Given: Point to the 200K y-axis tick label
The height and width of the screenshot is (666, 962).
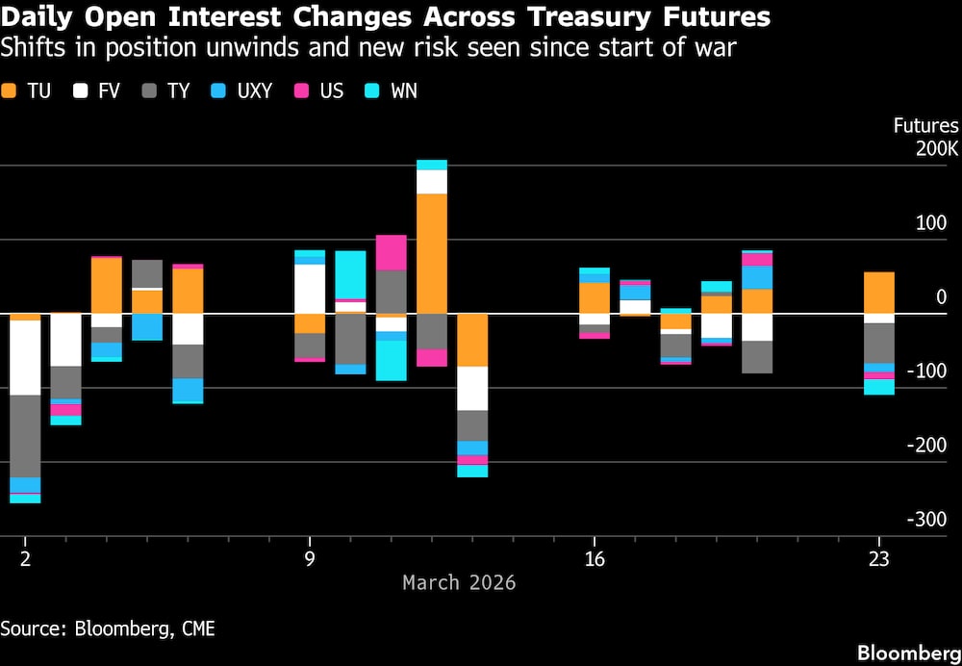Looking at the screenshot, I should tap(937, 149).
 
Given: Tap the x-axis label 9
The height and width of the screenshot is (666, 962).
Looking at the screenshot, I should tap(310, 559).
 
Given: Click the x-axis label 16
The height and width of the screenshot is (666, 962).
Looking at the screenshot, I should tap(595, 559).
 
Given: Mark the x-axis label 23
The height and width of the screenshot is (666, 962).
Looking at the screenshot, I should tap(878, 559).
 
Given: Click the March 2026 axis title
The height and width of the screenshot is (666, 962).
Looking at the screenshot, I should tap(459, 582).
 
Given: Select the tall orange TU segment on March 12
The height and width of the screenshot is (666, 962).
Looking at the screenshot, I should tap(432, 253).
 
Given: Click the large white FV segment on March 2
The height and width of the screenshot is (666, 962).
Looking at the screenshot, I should tap(25, 357).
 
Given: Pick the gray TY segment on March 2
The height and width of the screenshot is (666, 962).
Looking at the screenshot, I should tap(25, 436).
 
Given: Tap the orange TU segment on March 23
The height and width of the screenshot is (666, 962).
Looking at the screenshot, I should tap(878, 293).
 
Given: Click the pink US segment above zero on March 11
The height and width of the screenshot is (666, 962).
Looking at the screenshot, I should tap(391, 252).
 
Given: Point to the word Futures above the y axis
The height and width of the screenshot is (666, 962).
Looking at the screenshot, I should tap(925, 126).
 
